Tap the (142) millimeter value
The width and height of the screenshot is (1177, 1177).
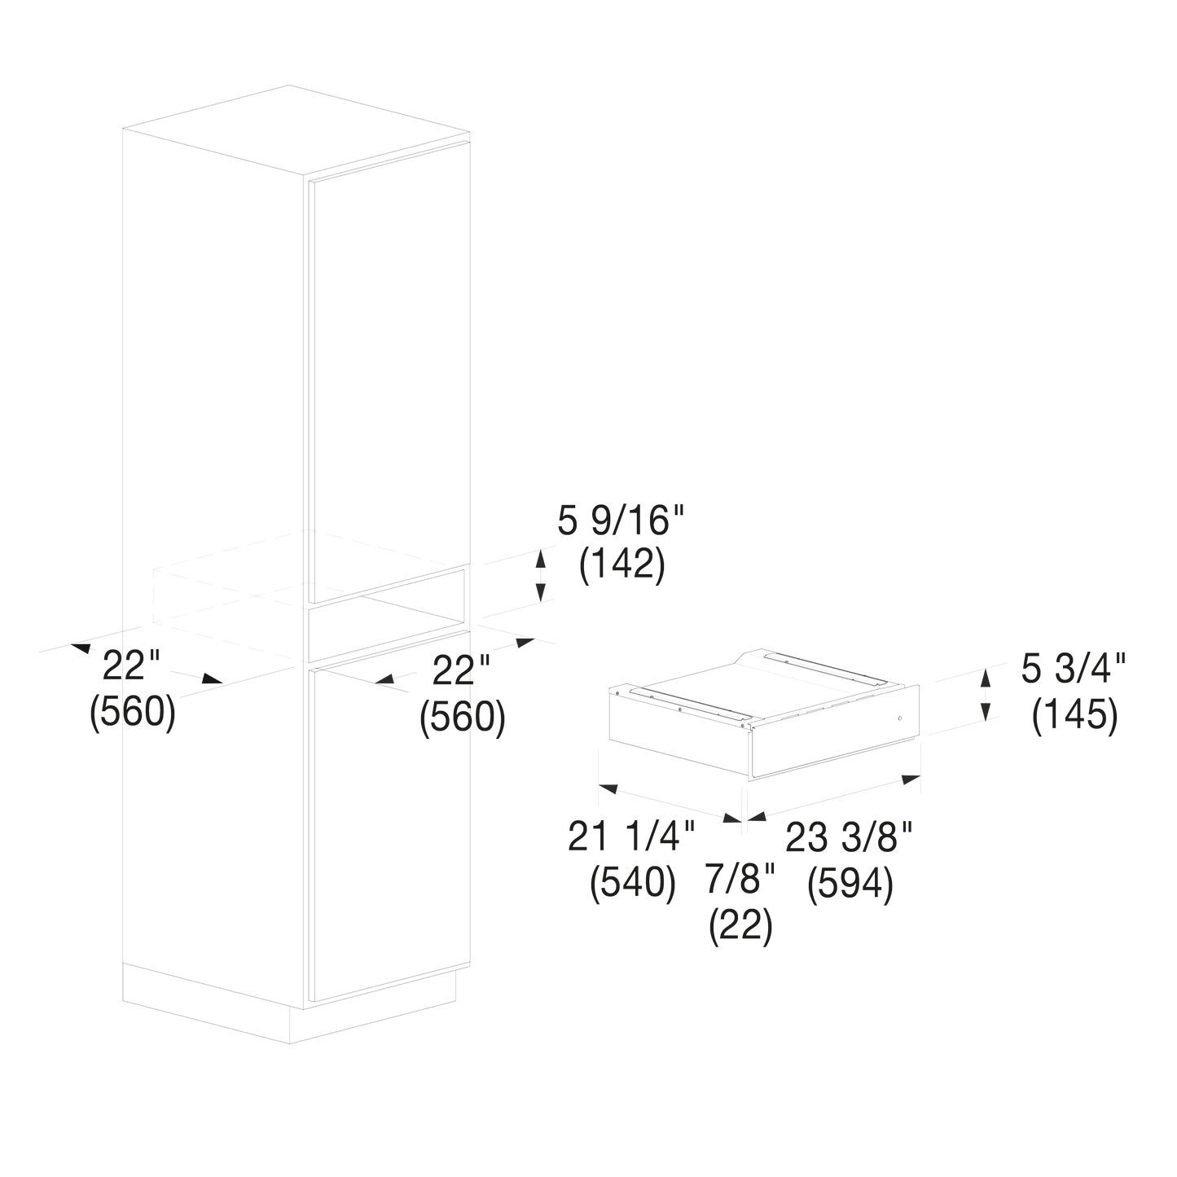click(x=621, y=565)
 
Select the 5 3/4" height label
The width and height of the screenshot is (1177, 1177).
click(x=1074, y=670)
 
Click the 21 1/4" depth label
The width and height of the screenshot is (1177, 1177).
click(x=631, y=837)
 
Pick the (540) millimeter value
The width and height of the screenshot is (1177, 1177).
click(x=633, y=882)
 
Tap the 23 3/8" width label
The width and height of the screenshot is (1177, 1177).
click(x=849, y=837)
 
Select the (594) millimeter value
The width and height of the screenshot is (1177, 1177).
click(x=850, y=882)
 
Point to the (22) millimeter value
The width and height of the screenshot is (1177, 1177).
click(x=741, y=924)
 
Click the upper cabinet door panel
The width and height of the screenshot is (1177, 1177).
click(x=388, y=372)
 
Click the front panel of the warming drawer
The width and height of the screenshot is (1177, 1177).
click(x=834, y=732)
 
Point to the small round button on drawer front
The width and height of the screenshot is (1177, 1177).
click(x=900, y=717)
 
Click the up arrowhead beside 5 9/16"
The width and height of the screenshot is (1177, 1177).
click(x=540, y=558)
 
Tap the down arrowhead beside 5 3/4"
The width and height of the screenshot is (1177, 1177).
click(x=985, y=712)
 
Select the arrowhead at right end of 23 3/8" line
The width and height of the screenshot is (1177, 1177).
click(x=911, y=779)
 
